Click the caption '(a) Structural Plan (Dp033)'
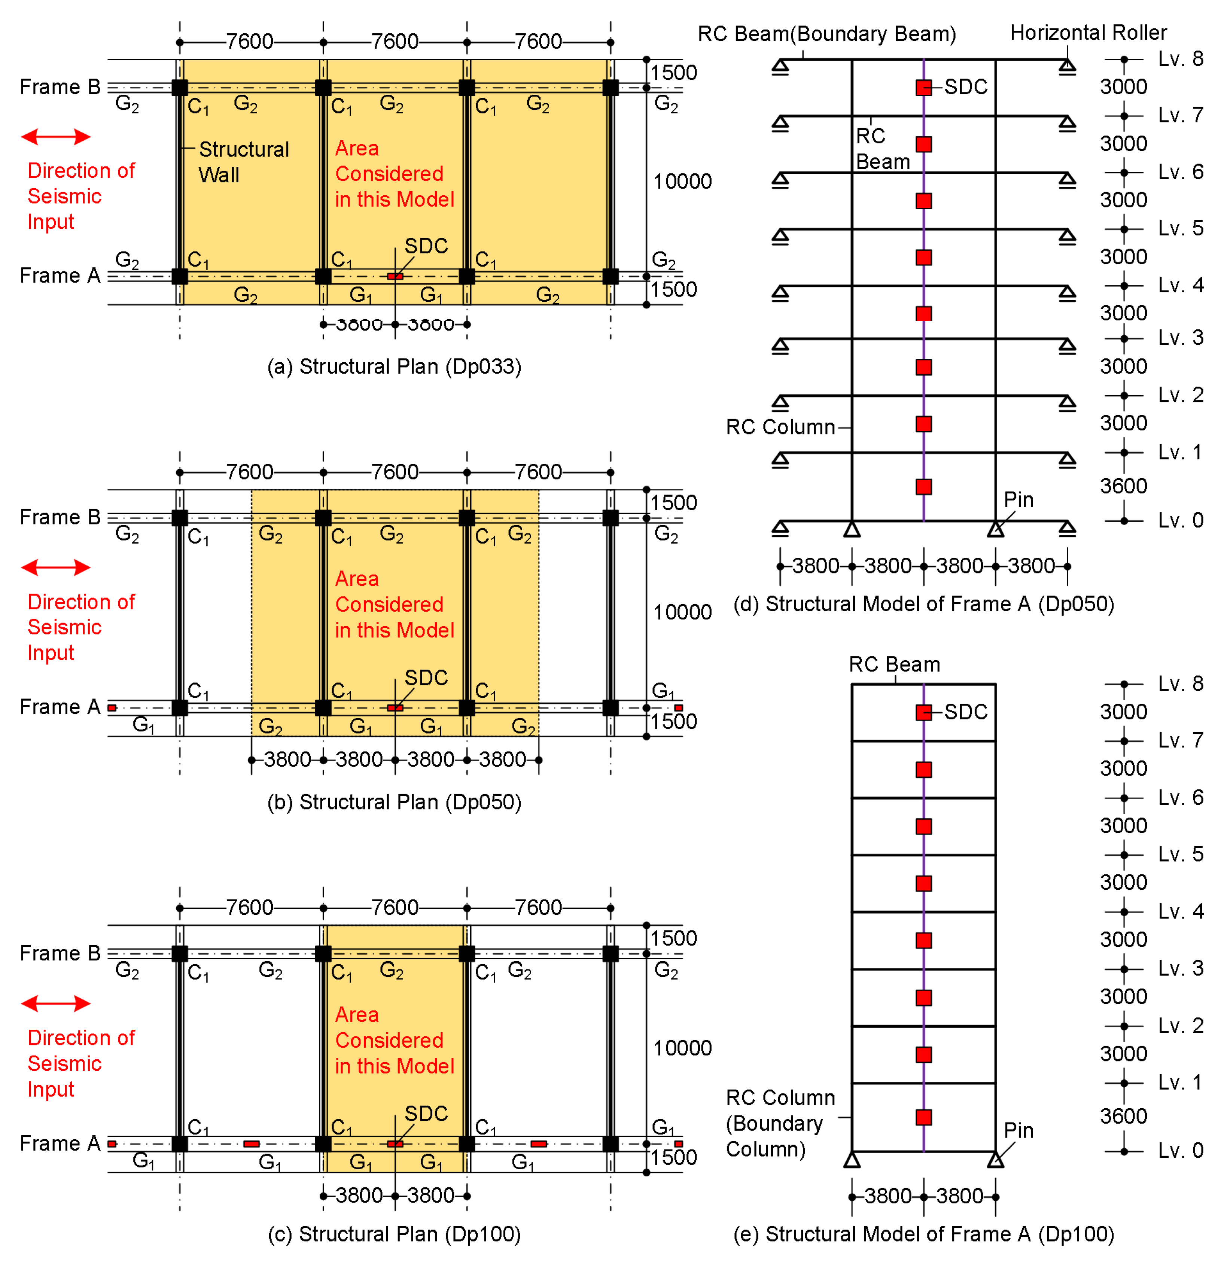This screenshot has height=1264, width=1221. pyautogui.click(x=394, y=366)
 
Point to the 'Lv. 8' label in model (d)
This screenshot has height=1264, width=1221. pyautogui.click(x=1180, y=59)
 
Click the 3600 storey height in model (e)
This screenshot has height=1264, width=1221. pyautogui.click(x=1123, y=1116)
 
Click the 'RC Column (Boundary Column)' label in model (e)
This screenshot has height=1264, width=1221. pyautogui.click(x=779, y=1123)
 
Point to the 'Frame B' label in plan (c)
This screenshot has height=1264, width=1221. pyautogui.click(x=60, y=953)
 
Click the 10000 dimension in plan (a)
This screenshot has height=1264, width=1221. pyautogui.click(x=682, y=181)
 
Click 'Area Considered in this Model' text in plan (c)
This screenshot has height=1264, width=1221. pyautogui.click(x=394, y=1040)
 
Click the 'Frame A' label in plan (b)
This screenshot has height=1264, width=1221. pyautogui.click(x=60, y=707)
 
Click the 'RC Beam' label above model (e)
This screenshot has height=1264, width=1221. pyautogui.click(x=893, y=664)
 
